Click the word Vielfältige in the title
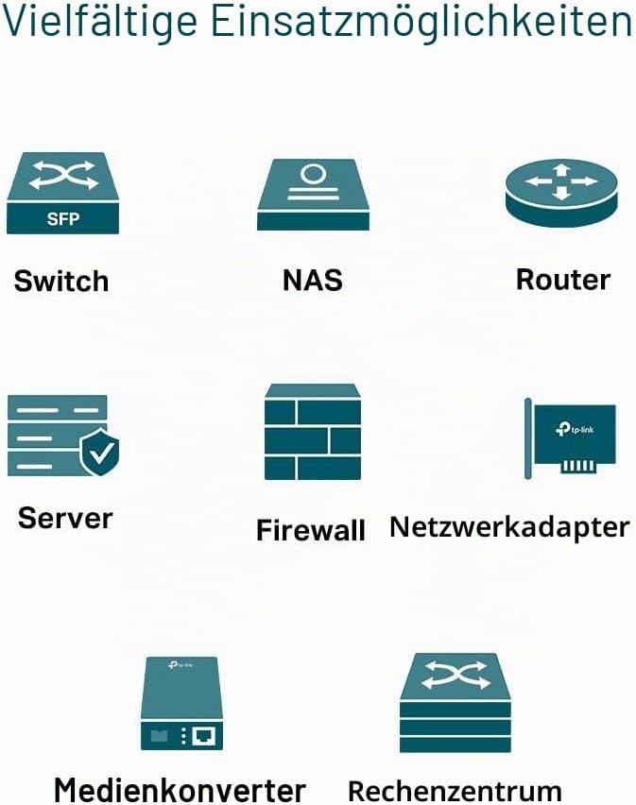100,22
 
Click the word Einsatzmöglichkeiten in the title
421,22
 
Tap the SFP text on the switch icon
63,219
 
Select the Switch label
61,281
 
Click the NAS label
313,281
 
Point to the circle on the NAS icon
312,174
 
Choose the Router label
563,280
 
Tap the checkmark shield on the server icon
100,452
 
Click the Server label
65,518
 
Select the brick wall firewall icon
313,432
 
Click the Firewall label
311,530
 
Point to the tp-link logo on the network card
575,429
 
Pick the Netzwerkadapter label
509,527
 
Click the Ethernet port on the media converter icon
204,736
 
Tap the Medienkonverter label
180,790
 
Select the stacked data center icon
456,703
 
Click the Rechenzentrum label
455,791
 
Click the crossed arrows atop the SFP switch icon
63,175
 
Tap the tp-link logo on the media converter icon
180,665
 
